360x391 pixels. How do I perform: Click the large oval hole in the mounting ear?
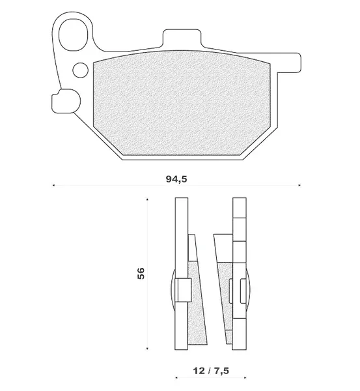click(x=73, y=35)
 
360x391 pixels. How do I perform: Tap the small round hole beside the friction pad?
click(x=80, y=70)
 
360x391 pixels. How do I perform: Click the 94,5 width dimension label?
click(x=176, y=179)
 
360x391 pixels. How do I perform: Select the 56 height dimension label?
click(x=141, y=273)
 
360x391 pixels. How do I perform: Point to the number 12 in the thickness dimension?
click(x=199, y=371)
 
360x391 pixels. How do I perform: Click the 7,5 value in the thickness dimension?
click(x=221, y=371)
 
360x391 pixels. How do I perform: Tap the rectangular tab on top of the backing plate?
click(x=182, y=38)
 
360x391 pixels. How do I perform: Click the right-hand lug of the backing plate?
click(x=289, y=63)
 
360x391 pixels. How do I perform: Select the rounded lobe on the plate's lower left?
click(x=66, y=101)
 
